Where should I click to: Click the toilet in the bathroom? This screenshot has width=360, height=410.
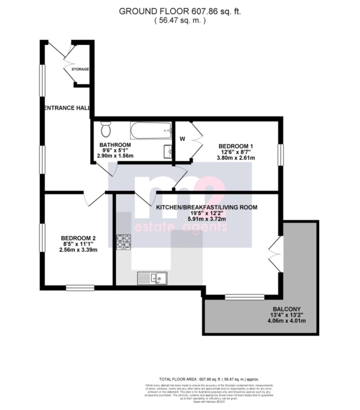click(x=106, y=129)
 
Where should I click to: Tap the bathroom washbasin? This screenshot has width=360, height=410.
click(x=168, y=151)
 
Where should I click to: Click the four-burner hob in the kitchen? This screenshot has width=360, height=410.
click(x=123, y=242)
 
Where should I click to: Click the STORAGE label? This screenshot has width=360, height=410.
click(x=80, y=69)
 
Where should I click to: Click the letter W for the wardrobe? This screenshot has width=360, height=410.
click(x=182, y=139)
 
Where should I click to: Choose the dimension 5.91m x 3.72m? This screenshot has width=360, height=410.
click(x=206, y=219)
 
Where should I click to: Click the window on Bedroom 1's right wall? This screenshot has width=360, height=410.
click(x=281, y=154)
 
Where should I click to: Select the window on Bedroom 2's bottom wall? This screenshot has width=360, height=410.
click(x=80, y=287)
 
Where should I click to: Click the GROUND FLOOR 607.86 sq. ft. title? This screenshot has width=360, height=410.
click(x=180, y=11)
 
